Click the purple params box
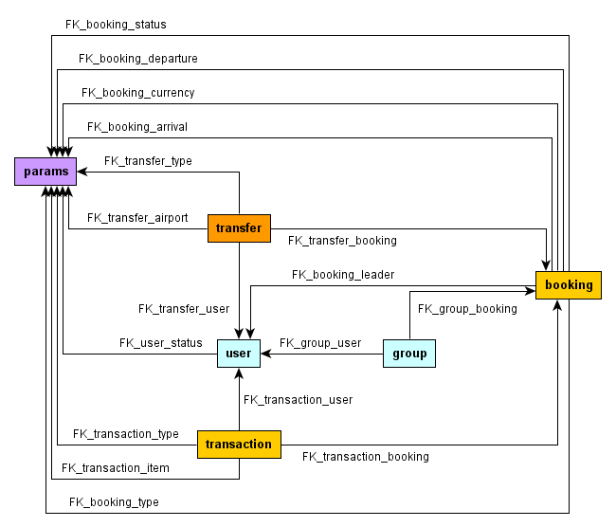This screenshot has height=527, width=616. tap(45, 172)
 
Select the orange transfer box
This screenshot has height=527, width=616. tap(239, 228)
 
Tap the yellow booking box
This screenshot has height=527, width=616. tap(569, 285)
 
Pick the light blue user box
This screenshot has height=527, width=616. tap(239, 354)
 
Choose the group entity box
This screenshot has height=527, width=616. tap(409, 354)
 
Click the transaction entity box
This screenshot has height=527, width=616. tap(239, 445)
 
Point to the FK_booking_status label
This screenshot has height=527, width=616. tap(116, 24)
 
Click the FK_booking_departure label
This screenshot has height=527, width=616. tap(138, 59)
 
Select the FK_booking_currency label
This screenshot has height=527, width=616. tap(138, 93)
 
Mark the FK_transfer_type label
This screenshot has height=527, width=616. tap(148, 161)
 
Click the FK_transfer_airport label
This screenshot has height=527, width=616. tap(137, 218)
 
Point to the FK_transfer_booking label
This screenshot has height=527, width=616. tap(342, 241)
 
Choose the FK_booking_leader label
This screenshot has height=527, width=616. tap(343, 275)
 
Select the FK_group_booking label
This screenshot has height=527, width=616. tap(467, 309)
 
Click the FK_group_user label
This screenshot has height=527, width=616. tap(320, 343)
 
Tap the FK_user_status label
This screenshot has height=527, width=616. tap(160, 343)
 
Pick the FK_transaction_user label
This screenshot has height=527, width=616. tap(298, 400)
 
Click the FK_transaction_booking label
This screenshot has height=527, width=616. tap(366, 457)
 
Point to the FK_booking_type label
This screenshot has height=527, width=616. tap(114, 502)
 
